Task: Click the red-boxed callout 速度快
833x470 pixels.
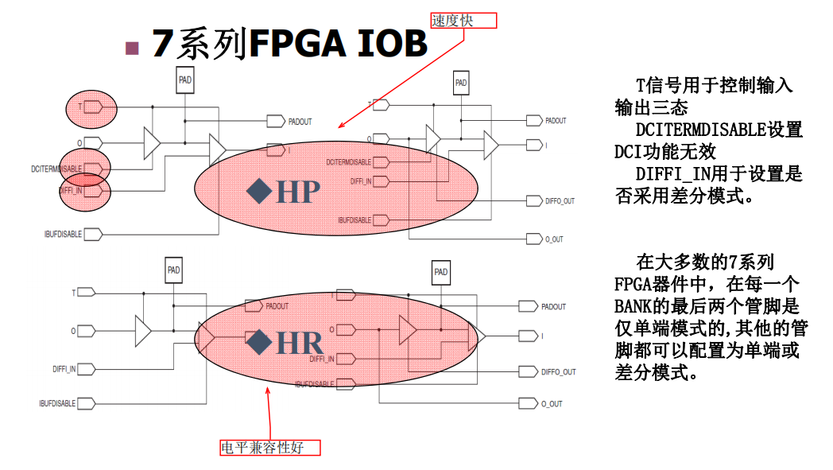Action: point(463,21)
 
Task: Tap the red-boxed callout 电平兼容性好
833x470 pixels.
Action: point(271,448)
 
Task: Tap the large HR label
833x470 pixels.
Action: point(300,344)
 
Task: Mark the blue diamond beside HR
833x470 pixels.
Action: point(259,343)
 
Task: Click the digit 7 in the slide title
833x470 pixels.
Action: point(161,44)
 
